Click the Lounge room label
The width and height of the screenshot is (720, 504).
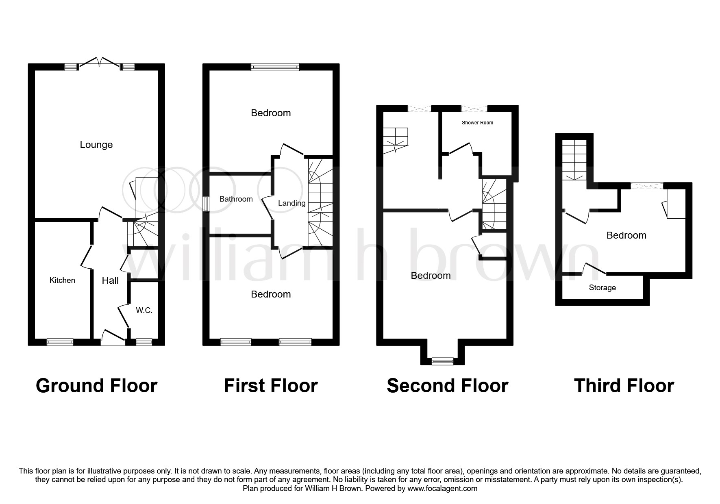(x=96, y=145)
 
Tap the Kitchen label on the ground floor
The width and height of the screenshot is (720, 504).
(x=62, y=280)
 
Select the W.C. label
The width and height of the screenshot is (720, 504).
(x=144, y=311)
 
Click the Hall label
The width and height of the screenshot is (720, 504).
(x=110, y=280)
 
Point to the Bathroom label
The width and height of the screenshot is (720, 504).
(x=236, y=199)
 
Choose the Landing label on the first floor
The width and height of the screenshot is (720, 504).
(x=291, y=203)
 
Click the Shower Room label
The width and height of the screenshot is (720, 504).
(x=477, y=122)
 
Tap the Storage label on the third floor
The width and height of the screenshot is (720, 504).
(x=602, y=288)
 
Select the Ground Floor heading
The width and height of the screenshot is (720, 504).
(x=96, y=385)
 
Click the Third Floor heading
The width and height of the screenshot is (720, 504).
(x=624, y=385)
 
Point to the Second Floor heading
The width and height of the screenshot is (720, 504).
(x=447, y=385)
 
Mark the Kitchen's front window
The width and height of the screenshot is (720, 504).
(x=60, y=342)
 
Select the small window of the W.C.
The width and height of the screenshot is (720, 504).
(x=144, y=342)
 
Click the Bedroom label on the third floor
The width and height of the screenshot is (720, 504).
(x=626, y=235)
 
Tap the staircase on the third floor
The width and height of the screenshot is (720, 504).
(x=574, y=160)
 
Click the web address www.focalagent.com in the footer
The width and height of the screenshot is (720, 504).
(x=442, y=489)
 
